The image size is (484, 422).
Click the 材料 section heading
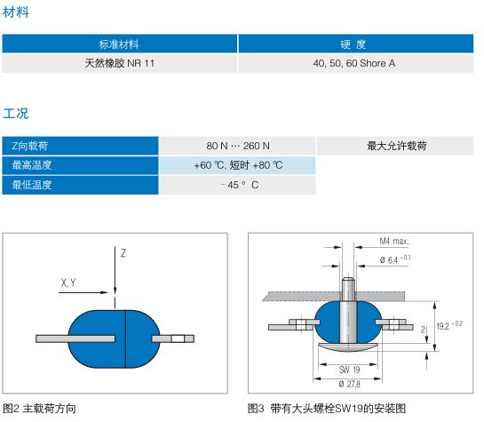(15, 12)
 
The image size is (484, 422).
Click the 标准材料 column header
(119, 44)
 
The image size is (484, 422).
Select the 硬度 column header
(355, 44)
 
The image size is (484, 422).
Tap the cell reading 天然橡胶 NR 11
(119, 63)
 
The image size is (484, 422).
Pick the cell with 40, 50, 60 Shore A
(355, 63)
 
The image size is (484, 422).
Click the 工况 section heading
(15, 114)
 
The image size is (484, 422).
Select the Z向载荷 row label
(80, 146)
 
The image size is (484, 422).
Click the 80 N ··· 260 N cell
(238, 146)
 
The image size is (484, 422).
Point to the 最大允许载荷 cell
(395, 146)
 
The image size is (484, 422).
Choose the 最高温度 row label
(80, 165)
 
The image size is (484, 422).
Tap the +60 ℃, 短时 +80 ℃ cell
(238, 165)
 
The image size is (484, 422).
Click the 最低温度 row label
(80, 185)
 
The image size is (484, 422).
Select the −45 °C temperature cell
(238, 185)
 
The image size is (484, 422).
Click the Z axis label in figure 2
(123, 253)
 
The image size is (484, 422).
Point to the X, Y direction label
(68, 283)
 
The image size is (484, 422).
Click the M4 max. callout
(394, 241)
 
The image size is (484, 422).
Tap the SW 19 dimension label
(349, 370)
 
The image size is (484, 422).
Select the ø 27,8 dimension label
(349, 384)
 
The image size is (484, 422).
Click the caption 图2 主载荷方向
(39, 409)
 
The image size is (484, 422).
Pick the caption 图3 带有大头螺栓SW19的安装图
(327, 409)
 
